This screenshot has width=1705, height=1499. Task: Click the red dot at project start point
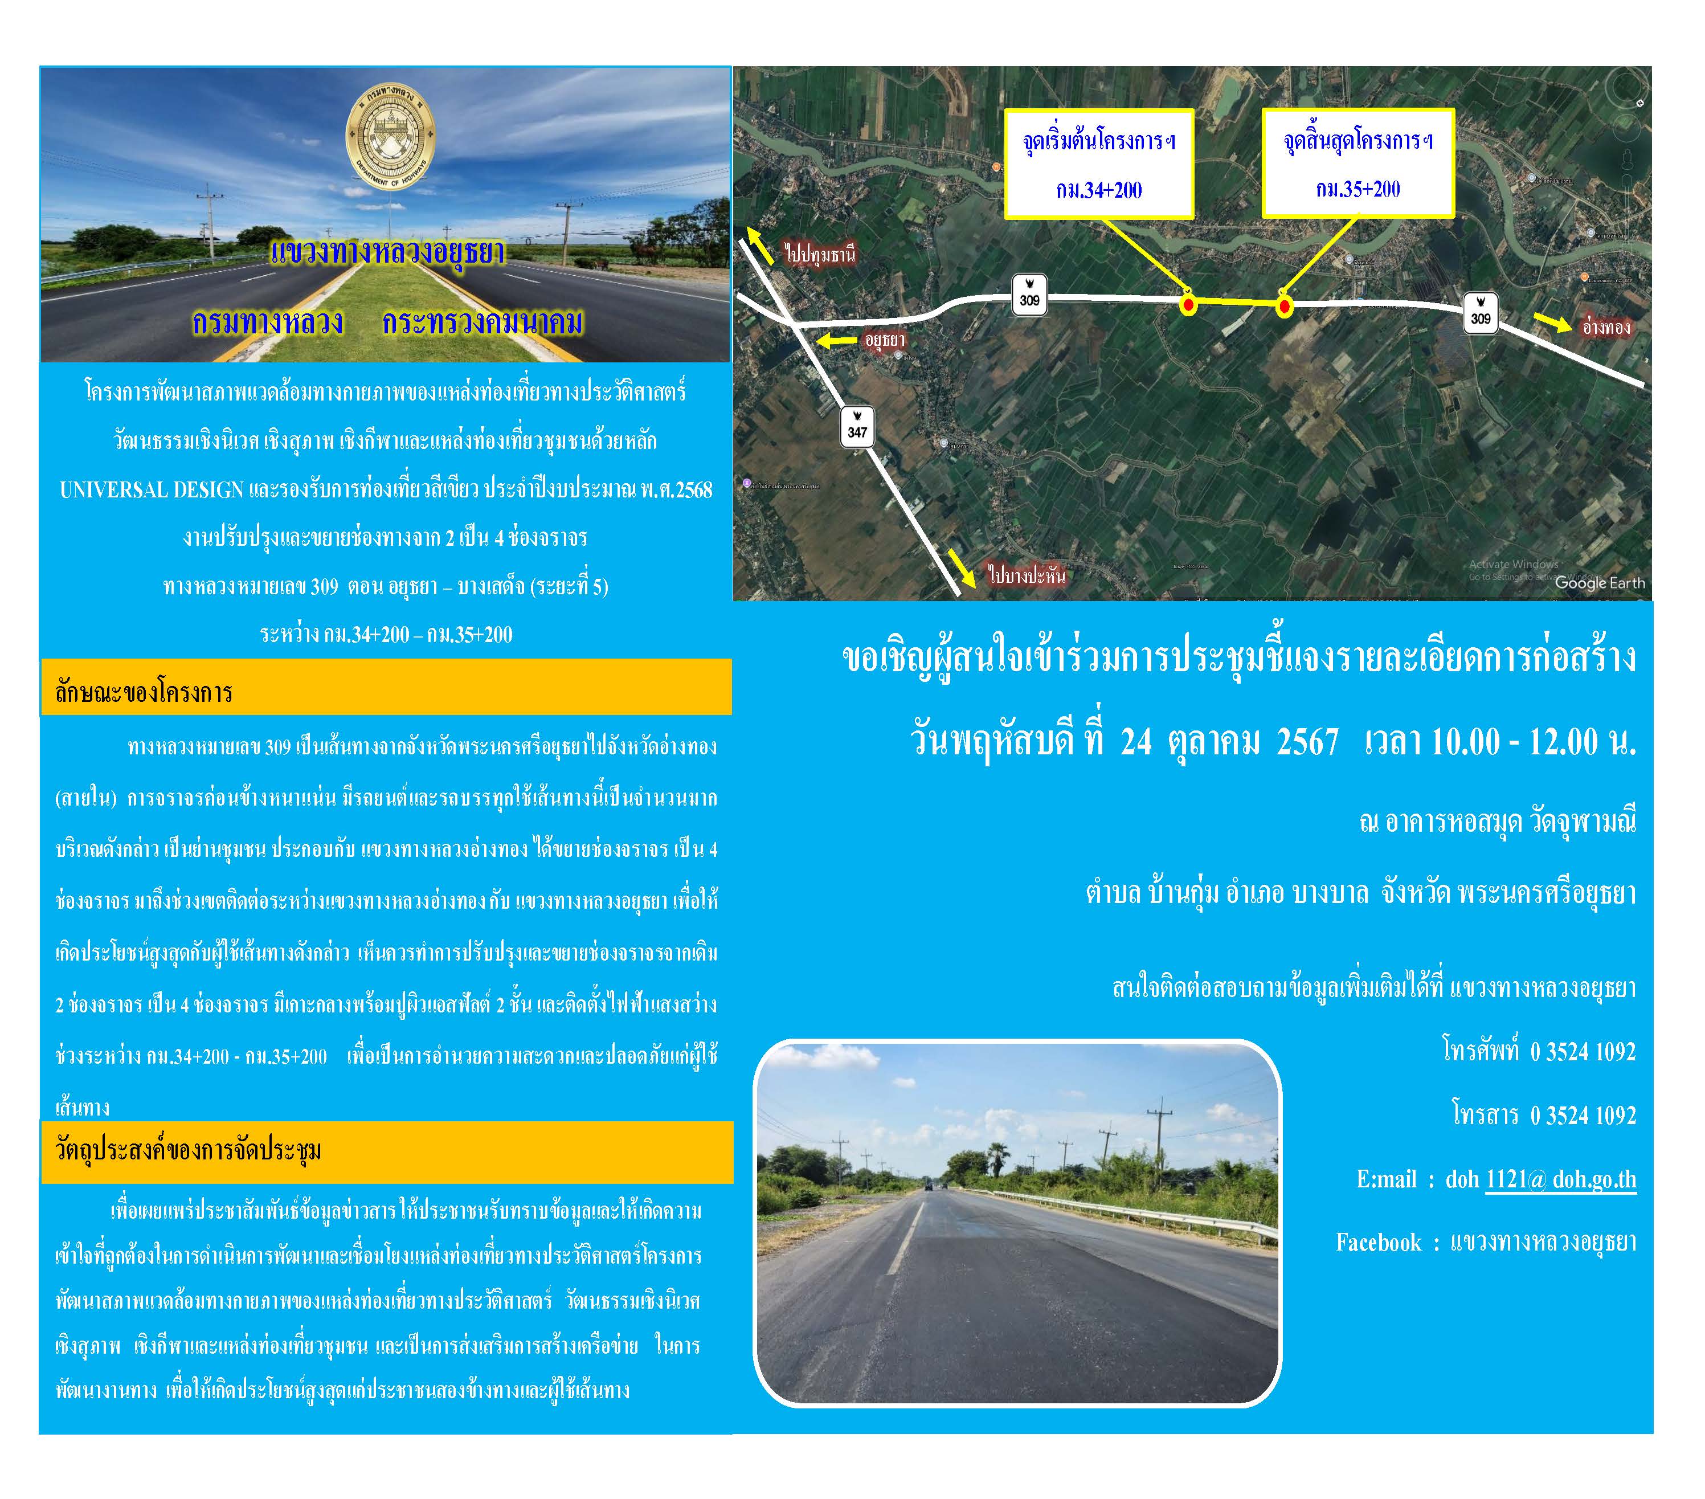(1188, 305)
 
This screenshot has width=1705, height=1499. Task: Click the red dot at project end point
(1285, 307)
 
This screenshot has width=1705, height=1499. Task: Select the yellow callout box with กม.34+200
(1098, 164)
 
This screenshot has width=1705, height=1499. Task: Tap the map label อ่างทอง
(1606, 327)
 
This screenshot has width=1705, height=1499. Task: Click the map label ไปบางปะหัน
(1026, 575)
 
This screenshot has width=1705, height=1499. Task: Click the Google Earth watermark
(1599, 583)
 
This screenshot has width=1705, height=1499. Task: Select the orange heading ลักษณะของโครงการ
(144, 692)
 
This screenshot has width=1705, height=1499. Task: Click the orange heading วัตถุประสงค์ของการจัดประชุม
(189, 1150)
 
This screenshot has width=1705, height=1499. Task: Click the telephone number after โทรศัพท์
(1583, 1051)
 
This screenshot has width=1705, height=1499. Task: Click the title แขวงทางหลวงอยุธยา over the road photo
(388, 252)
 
